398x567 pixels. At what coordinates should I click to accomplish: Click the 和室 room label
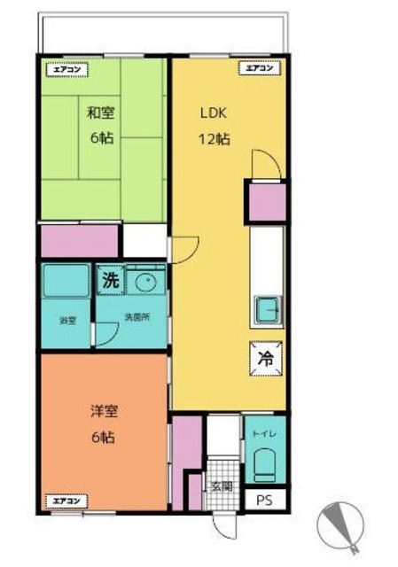(100, 113)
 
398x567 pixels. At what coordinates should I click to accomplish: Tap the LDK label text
(215, 113)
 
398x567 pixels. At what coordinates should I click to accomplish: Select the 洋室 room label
(103, 411)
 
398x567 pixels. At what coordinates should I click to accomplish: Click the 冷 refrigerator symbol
(266, 360)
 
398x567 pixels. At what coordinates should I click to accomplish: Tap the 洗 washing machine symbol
(108, 279)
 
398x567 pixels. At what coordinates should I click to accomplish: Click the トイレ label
(264, 435)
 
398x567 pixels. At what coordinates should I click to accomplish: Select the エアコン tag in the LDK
(259, 67)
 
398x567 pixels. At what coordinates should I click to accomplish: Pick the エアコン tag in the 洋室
(65, 501)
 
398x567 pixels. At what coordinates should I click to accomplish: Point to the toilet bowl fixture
(265, 465)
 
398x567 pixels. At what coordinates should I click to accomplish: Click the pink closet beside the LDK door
(266, 203)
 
